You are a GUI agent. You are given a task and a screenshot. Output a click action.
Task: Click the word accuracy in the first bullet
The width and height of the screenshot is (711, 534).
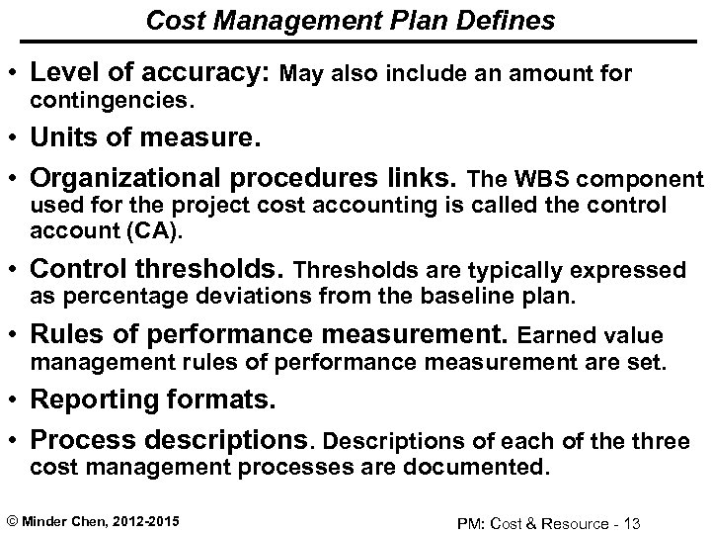(x=208, y=72)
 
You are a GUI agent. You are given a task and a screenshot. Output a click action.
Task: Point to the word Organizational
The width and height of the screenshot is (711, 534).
(x=131, y=179)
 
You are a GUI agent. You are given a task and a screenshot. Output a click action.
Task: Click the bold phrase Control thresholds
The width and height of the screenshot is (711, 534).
(x=159, y=270)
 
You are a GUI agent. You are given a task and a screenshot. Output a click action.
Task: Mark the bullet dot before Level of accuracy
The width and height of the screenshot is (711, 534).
(x=17, y=72)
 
